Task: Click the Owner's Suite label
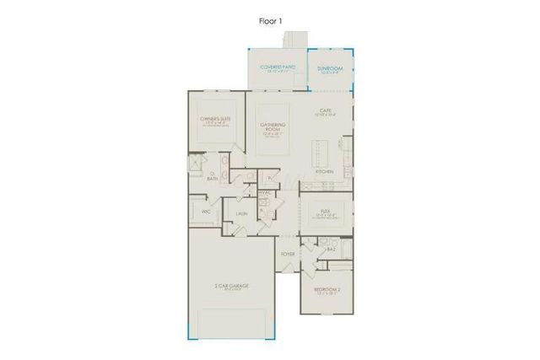tap(213, 121)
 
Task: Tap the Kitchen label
tap(324, 171)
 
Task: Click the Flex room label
tap(326, 212)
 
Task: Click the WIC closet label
tap(206, 212)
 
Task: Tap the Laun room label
tap(240, 215)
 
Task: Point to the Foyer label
tap(287, 251)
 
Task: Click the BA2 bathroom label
tap(332, 250)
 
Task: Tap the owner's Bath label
tap(212, 177)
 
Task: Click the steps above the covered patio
tap(296, 40)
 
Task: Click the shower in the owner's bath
tap(195, 164)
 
